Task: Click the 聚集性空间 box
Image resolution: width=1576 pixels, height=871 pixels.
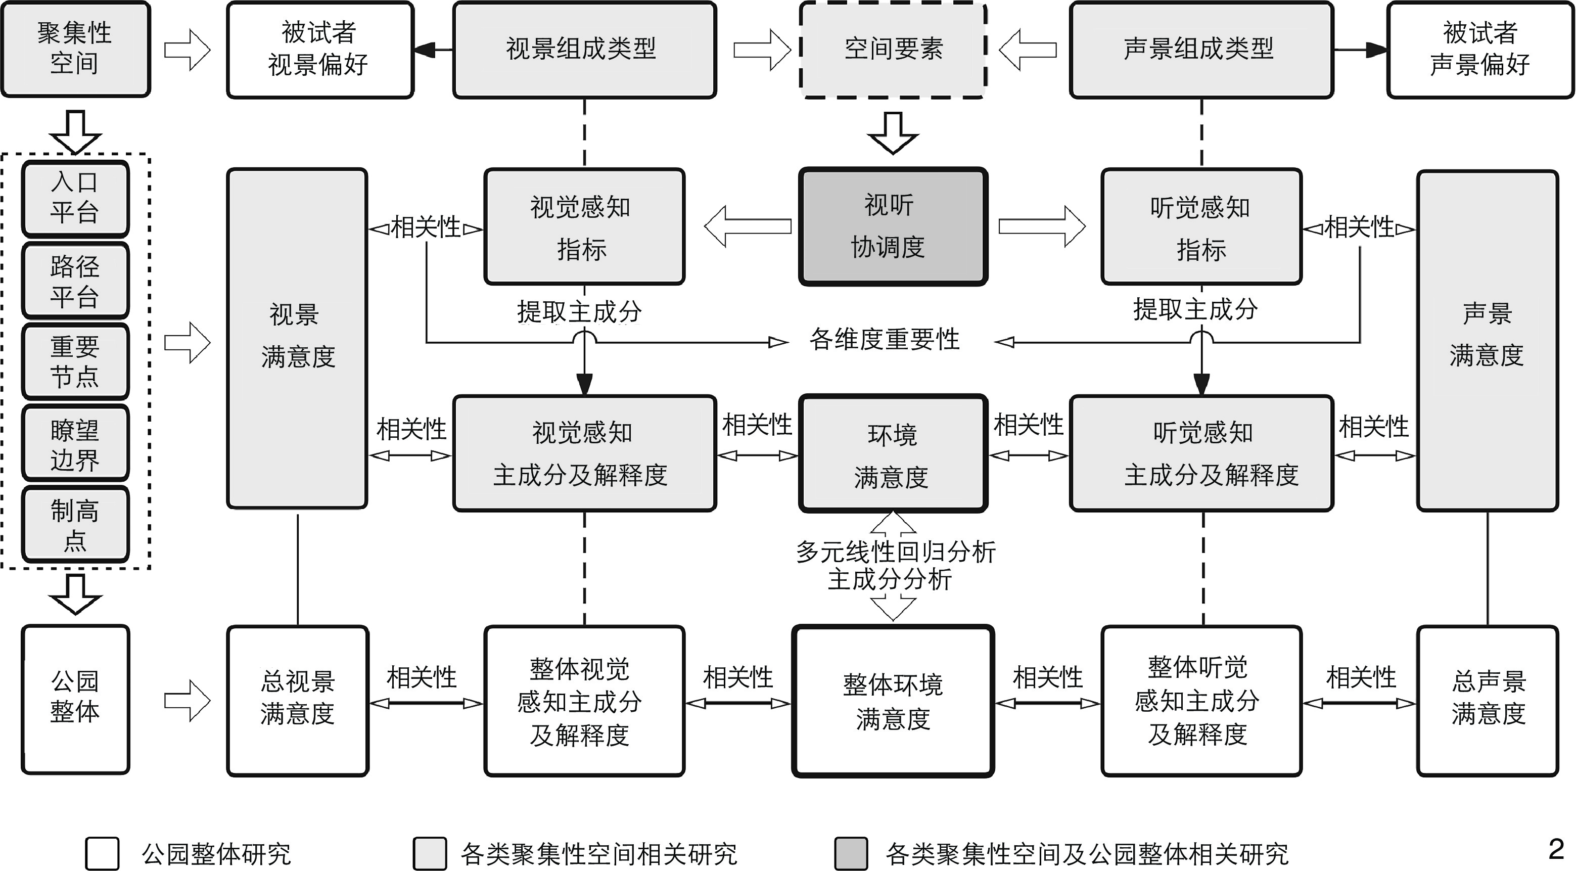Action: (75, 49)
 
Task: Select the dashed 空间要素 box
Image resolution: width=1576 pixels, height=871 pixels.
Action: (893, 50)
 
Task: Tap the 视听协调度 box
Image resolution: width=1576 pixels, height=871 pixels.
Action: (893, 226)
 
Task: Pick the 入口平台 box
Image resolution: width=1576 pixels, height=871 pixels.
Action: (75, 198)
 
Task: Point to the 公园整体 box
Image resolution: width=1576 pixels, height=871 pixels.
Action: (75, 699)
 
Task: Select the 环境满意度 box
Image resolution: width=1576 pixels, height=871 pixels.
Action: (893, 454)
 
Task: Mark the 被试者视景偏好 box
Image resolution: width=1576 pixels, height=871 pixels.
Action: (319, 50)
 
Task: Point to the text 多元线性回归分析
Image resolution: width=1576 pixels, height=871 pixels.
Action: (895, 552)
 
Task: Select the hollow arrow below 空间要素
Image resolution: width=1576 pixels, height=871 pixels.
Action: (893, 131)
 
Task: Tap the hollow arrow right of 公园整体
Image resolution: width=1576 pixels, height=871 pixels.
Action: (187, 701)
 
